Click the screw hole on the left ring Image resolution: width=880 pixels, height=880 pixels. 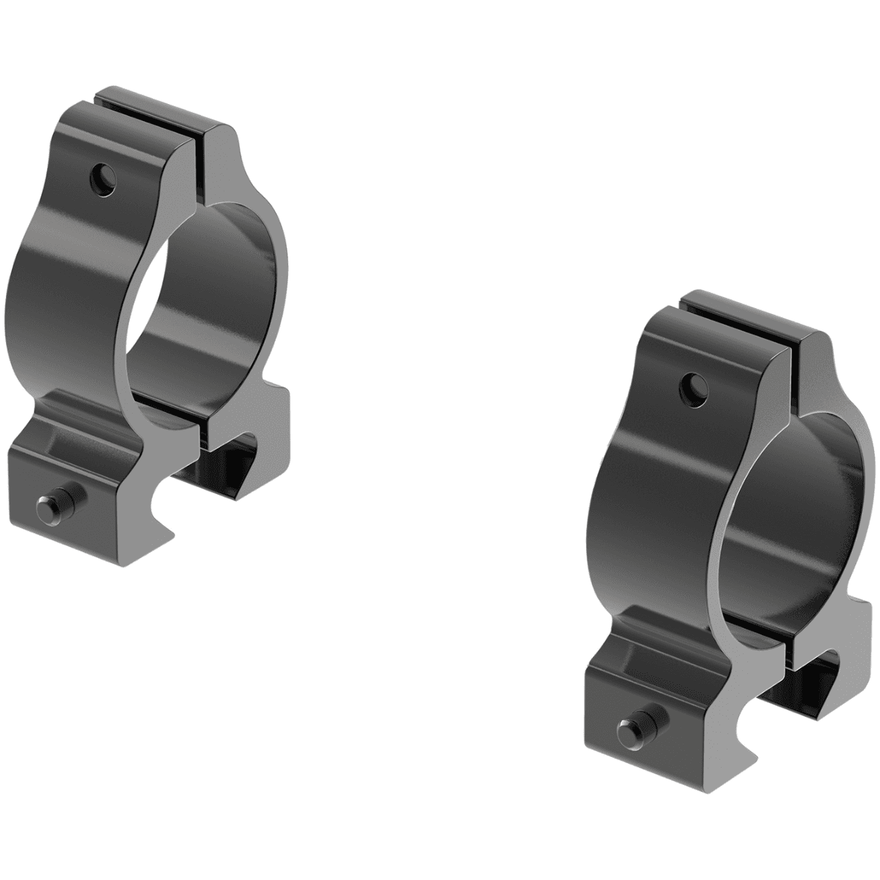103,177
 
